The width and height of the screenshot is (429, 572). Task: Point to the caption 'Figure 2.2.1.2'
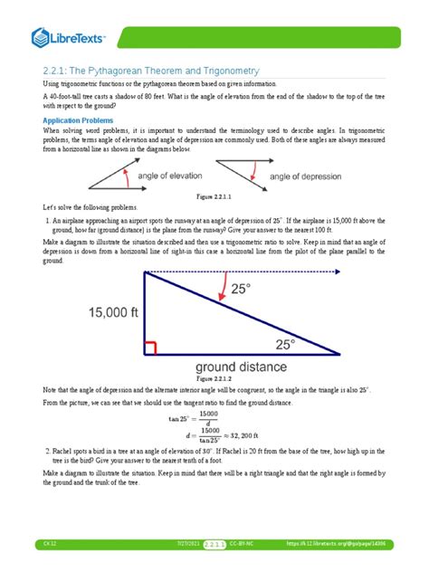tap(214, 377)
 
